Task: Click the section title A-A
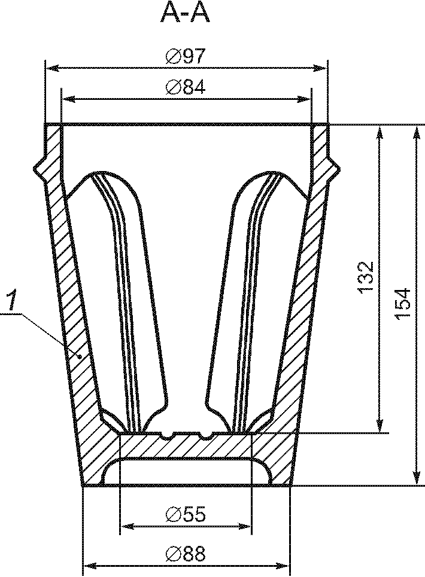coord(185,14)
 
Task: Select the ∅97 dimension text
coord(185,57)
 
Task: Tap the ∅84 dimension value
coord(185,87)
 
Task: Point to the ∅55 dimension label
coord(185,514)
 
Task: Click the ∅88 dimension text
coord(185,553)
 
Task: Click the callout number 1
coord(12,300)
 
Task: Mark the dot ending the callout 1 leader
coord(79,356)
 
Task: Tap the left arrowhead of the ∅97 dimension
coord(51,68)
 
